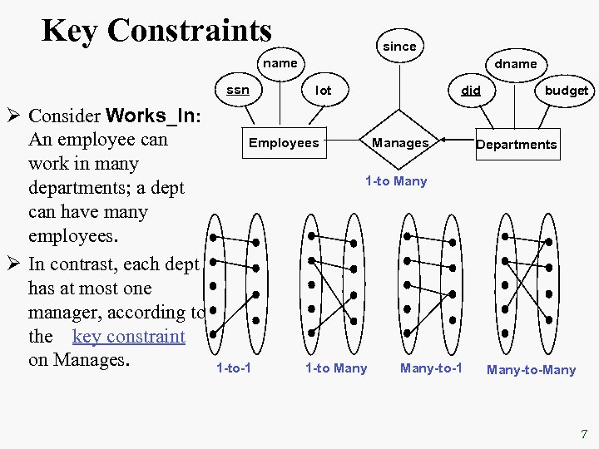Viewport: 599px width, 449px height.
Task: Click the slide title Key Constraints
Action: tap(156, 31)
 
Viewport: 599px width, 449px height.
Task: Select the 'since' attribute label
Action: tap(399, 47)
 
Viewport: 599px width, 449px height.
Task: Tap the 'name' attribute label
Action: tap(280, 63)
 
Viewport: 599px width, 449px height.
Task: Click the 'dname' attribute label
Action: tap(516, 63)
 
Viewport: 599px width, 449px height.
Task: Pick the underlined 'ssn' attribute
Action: tap(238, 90)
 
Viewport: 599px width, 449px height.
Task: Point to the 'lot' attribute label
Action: tap(323, 90)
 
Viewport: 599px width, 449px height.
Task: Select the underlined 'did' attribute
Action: tap(471, 90)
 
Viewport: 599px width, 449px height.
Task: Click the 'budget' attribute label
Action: tap(566, 90)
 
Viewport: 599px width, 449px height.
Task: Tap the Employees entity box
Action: tap(284, 143)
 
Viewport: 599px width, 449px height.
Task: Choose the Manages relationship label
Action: tap(400, 143)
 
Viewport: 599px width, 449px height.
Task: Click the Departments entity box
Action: tap(516, 144)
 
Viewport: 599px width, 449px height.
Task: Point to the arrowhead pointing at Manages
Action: tap(443, 139)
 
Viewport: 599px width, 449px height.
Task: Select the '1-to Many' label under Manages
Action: tap(396, 180)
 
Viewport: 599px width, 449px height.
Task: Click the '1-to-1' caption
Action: tap(234, 368)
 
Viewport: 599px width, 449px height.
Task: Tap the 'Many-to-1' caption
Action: tap(431, 368)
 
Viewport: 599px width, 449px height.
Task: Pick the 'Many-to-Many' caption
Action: tap(531, 370)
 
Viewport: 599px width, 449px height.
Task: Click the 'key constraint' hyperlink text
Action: tap(128, 337)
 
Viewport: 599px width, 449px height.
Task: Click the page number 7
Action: tap(584, 433)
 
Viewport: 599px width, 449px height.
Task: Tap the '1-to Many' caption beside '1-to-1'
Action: tap(335, 368)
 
